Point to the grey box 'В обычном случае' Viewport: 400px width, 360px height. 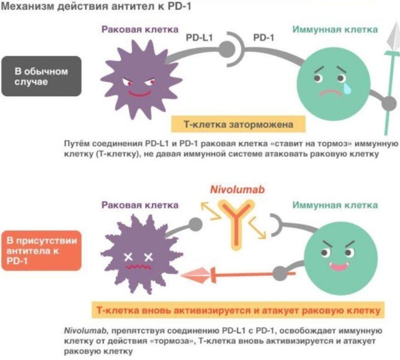[x=41, y=76]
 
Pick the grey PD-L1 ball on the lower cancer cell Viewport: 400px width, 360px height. [x=195, y=224]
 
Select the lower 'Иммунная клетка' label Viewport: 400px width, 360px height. [x=335, y=205]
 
